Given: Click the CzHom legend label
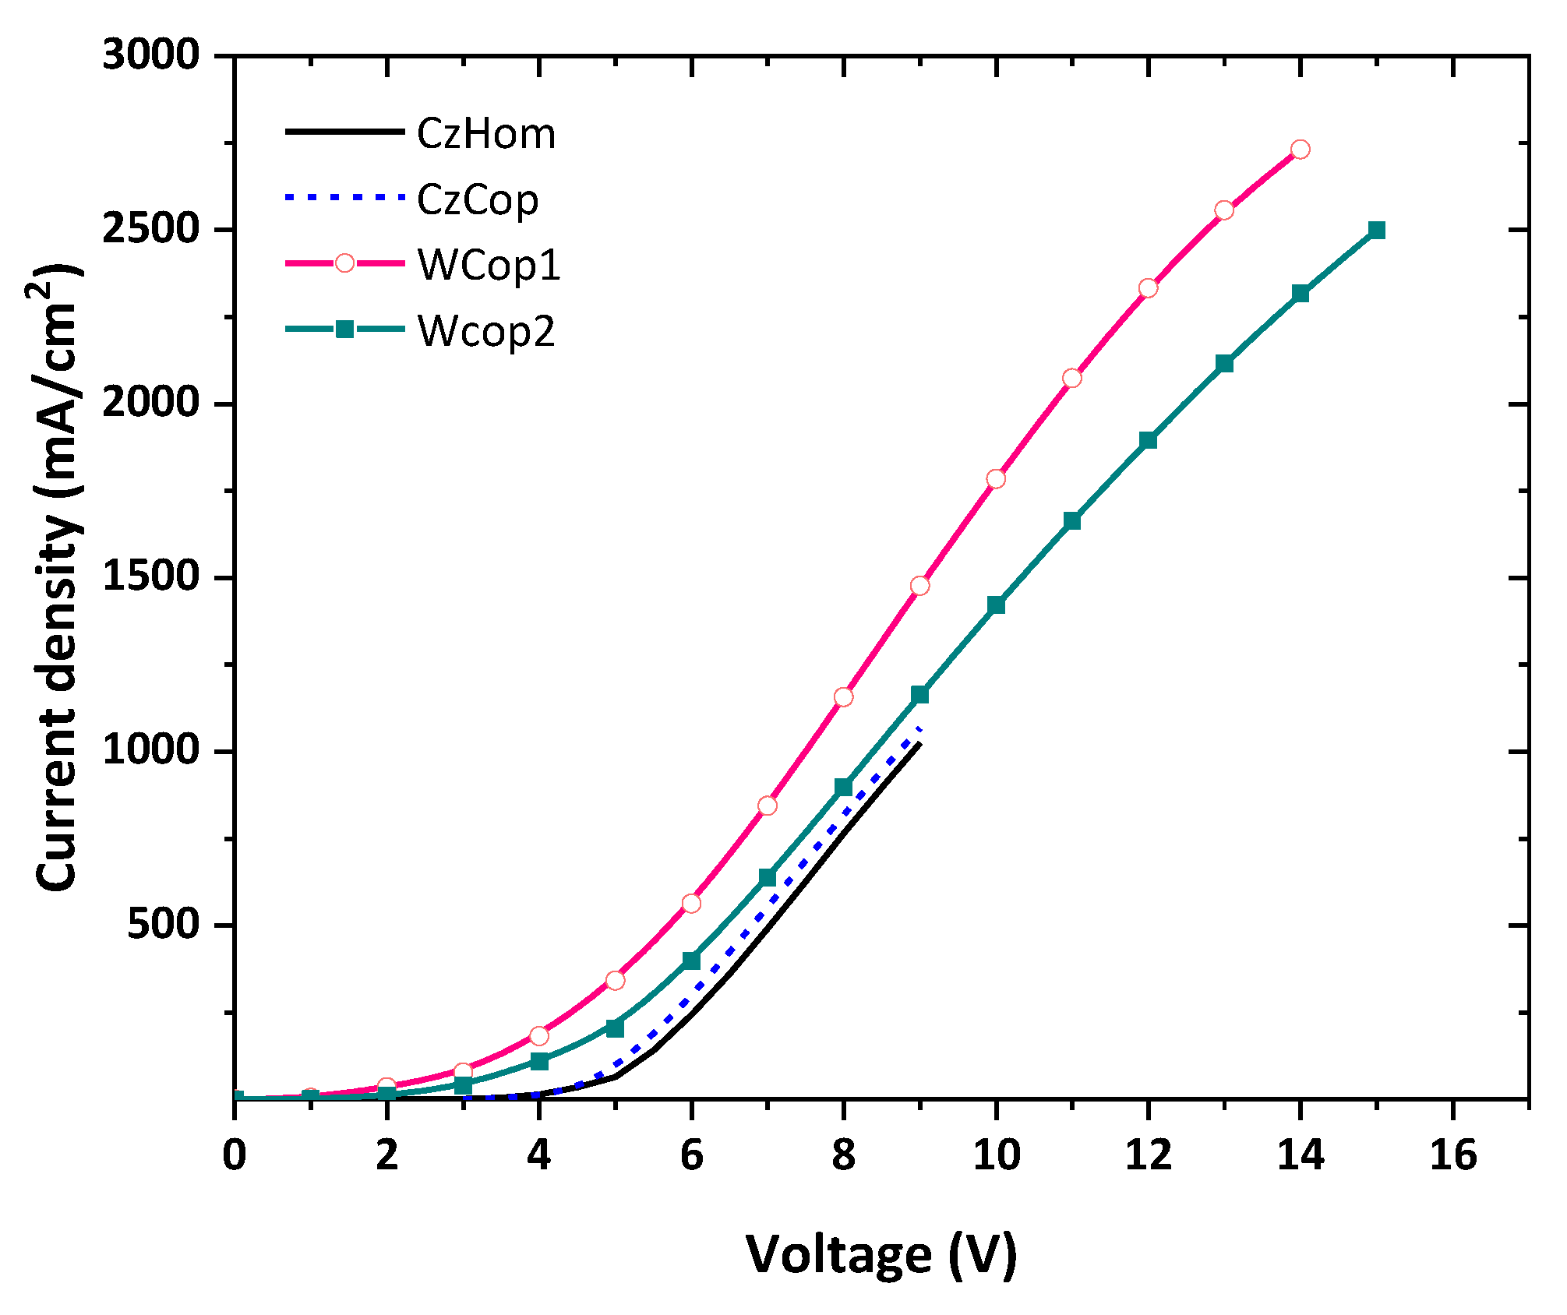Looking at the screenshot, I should [485, 134].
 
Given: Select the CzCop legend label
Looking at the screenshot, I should [477, 200].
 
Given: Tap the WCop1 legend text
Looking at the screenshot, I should [489, 266].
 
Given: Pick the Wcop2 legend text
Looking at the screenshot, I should [486, 331].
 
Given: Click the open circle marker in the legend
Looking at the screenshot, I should [344, 263].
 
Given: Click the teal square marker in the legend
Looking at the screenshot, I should [344, 329].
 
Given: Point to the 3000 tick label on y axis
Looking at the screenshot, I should [151, 55].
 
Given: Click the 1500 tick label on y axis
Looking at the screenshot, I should [151, 577].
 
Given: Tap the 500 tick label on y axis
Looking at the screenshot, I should [164, 925].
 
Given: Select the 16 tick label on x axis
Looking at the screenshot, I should [1452, 1155].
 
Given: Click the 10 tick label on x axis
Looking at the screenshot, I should [996, 1155].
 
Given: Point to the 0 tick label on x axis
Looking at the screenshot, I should [235, 1155].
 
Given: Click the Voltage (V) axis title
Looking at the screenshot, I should [881, 1254].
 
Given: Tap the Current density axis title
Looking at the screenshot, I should [58, 576].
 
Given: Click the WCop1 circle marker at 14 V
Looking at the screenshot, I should [1300, 149].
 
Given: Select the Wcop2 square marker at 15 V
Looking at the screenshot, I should [1376, 230].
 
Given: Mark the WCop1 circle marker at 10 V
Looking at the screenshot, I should [996, 478].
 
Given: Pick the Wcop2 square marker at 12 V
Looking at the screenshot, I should [1148, 440].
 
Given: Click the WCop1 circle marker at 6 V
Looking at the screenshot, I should [691, 903].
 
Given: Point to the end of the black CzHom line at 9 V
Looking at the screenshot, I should [919, 744].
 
